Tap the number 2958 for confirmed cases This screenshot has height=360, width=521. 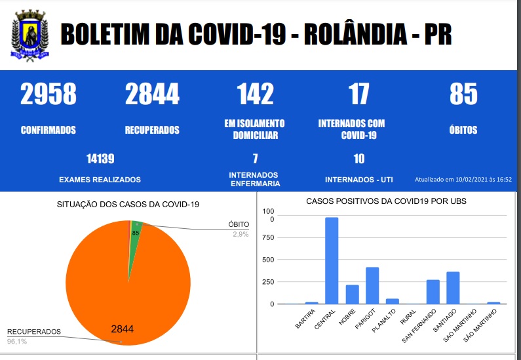tap(48, 94)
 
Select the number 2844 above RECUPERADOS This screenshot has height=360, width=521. tap(152, 94)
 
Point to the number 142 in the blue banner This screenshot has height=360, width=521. tap(255, 94)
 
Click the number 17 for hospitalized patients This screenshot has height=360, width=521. tap(359, 94)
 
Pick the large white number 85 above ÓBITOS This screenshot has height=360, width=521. tap(463, 94)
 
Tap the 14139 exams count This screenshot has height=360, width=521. tap(100, 158)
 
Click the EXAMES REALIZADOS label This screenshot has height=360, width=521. tap(100, 180)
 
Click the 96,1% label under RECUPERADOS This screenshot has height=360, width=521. tap(18, 342)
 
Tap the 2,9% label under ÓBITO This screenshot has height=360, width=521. tap(241, 234)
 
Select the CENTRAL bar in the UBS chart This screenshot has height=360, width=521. tap(332, 260)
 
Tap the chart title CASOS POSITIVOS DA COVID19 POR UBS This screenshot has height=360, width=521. tap(387, 201)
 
